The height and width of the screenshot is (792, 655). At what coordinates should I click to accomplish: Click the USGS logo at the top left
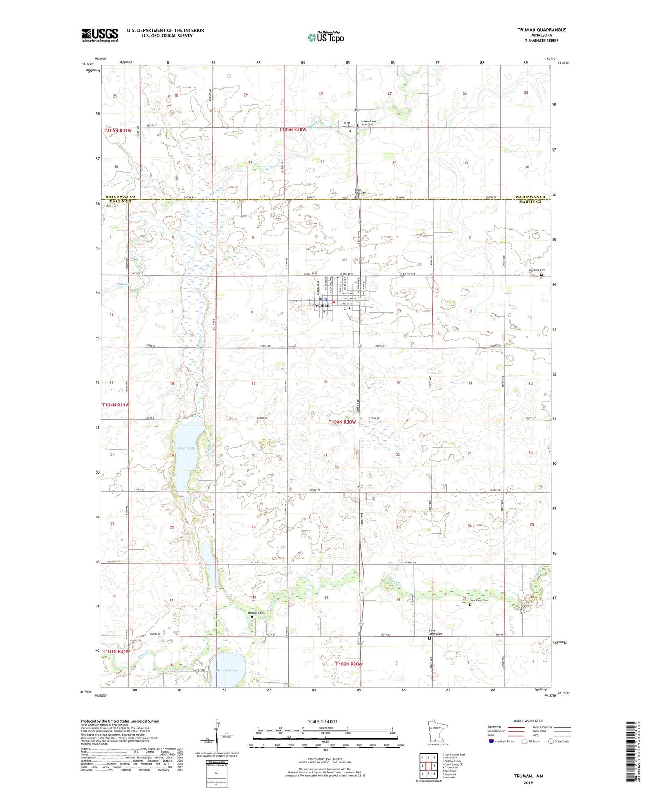(100, 35)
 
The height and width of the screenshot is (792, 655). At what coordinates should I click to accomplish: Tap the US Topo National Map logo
(325, 37)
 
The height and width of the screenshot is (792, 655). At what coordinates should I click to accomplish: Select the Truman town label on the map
(321, 305)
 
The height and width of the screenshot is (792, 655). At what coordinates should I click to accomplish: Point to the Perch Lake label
(186, 448)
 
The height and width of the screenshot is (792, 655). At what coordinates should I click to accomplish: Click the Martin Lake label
(227, 670)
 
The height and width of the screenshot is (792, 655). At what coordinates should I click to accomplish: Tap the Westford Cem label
(537, 270)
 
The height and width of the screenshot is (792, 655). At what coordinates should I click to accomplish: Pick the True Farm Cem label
(479, 600)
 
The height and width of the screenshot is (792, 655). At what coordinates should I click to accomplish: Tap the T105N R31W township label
(118, 130)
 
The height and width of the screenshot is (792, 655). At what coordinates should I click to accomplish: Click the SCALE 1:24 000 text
(322, 721)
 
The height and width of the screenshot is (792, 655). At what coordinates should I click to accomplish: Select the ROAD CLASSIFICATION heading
(528, 721)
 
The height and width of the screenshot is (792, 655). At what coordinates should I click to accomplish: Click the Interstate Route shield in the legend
(491, 741)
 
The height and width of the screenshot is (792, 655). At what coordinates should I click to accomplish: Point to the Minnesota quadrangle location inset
(435, 732)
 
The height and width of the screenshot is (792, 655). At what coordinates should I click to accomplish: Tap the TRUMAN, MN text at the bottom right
(528, 776)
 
